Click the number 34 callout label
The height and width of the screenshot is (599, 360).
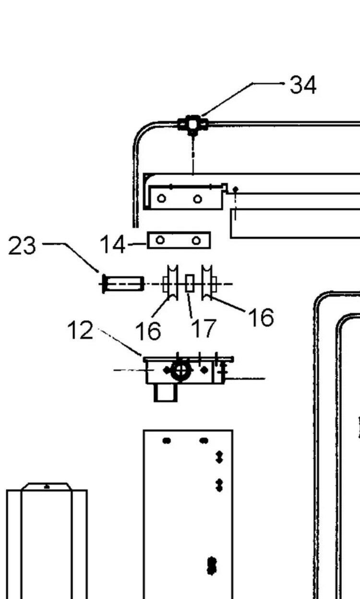tap(303, 85)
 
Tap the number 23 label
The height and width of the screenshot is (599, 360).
tap(22, 246)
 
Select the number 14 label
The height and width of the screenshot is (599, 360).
tap(112, 245)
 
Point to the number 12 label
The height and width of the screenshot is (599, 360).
tap(80, 330)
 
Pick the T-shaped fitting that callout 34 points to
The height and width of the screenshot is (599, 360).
tap(192, 125)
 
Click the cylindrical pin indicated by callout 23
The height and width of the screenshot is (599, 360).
tap(123, 284)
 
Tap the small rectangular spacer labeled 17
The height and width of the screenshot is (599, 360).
tap(190, 284)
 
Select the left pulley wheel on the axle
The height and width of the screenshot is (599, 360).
tap(171, 284)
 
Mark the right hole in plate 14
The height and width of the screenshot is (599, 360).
tap(196, 240)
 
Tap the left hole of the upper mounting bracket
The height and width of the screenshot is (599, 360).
tap(162, 198)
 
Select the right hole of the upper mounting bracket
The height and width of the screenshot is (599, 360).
tap(197, 198)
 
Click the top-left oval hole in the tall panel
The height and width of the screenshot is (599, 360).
tap(167, 441)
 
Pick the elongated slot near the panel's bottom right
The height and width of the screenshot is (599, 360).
tap(212, 565)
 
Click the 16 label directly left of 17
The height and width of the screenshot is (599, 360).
tap(148, 331)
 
